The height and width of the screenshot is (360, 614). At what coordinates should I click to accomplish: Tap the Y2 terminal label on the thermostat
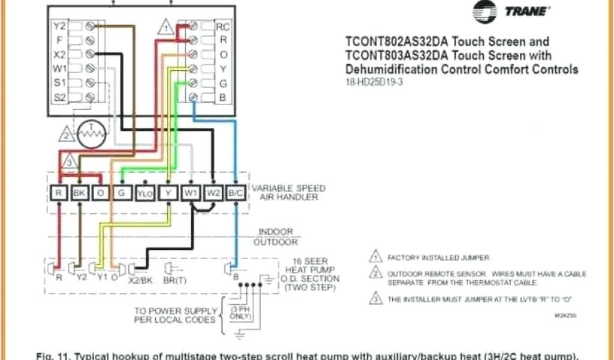click(x=59, y=26)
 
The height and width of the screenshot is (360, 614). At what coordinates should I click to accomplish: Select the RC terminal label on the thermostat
click(x=223, y=26)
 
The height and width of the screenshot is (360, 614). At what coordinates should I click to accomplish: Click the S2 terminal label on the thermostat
click(x=59, y=97)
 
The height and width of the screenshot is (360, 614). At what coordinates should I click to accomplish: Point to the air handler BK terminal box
click(x=80, y=193)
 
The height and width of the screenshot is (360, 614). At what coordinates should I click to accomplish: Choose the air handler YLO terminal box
click(x=145, y=193)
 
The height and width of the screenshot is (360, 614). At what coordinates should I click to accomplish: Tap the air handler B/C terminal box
click(x=236, y=193)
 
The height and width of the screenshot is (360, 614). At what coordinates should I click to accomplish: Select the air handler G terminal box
click(x=122, y=193)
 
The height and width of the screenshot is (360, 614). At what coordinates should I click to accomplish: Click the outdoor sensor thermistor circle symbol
click(x=92, y=134)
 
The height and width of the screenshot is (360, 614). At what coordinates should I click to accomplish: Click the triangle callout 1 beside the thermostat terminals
click(x=166, y=27)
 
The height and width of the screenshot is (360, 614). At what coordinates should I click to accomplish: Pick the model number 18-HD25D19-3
click(x=374, y=83)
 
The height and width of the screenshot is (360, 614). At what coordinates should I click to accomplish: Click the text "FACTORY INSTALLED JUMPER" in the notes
click(x=439, y=257)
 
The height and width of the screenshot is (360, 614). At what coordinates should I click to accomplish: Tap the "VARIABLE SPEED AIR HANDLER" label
click(x=288, y=193)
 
